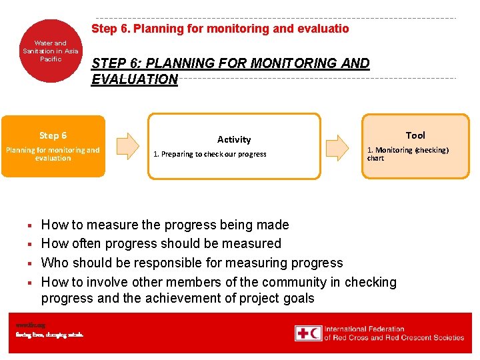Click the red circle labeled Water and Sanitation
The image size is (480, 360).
(x=51, y=51)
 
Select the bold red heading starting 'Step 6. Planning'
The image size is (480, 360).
(x=219, y=29)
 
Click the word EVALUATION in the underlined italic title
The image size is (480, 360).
(x=135, y=79)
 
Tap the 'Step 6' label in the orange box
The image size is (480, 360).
(x=53, y=135)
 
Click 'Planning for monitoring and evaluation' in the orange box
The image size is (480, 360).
(x=53, y=154)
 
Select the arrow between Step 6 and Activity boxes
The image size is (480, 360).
(x=127, y=145)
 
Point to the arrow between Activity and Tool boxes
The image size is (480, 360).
(x=341, y=145)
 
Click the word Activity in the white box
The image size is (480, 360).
(x=234, y=139)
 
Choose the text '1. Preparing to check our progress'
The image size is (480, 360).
(x=209, y=154)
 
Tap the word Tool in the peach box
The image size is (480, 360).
(x=415, y=135)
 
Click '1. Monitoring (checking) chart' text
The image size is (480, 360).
(x=407, y=154)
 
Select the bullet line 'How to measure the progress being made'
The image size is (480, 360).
(x=165, y=225)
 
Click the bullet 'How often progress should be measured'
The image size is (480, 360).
(x=161, y=243)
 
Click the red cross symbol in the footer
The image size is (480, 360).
(x=303, y=333)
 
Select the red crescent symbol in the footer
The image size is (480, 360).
(x=315, y=333)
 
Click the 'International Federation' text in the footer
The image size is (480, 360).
(x=364, y=329)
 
